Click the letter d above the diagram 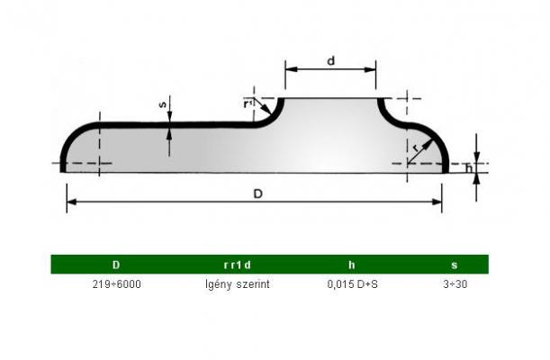click(330, 61)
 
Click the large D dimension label click(257, 193)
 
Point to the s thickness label click(163, 104)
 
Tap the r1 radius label click(248, 103)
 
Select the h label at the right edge click(469, 168)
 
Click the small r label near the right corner click(416, 148)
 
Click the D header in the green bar click(116, 265)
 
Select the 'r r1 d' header click(238, 265)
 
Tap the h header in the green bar click(351, 265)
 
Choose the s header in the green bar click(455, 265)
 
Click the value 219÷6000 click(116, 283)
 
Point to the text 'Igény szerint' click(238, 284)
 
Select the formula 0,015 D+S click(353, 283)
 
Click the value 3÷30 click(455, 283)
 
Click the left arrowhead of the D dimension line click(71, 202)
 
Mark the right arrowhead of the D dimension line click(437, 202)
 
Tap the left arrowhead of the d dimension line click(291, 69)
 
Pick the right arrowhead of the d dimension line click(370, 69)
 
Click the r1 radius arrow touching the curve click(263, 106)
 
